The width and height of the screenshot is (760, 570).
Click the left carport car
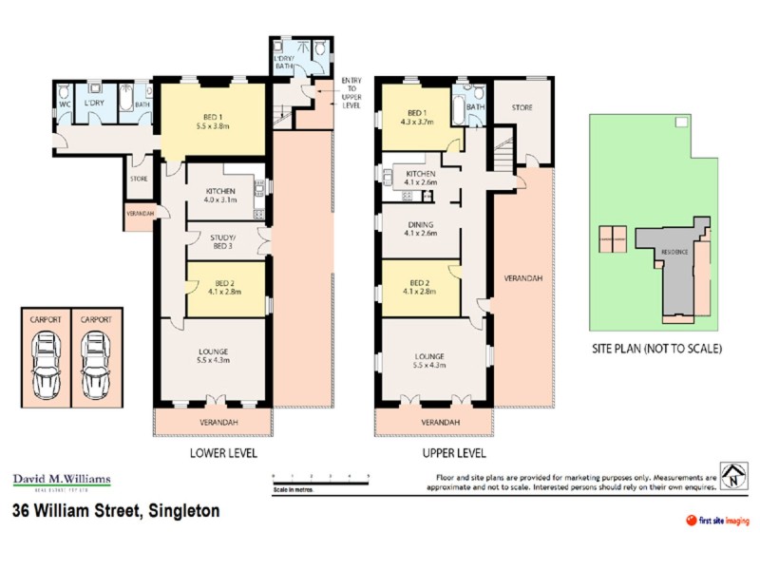click(47, 369)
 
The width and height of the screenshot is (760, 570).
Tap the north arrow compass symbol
click(732, 478)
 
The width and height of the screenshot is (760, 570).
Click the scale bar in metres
click(319, 482)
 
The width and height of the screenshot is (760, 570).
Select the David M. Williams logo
click(61, 481)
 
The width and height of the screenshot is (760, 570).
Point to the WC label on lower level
click(66, 103)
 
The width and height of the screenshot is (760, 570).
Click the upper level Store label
click(522, 108)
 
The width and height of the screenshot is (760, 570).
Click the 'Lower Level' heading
click(224, 453)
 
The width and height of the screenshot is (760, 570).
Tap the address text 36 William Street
click(116, 511)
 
